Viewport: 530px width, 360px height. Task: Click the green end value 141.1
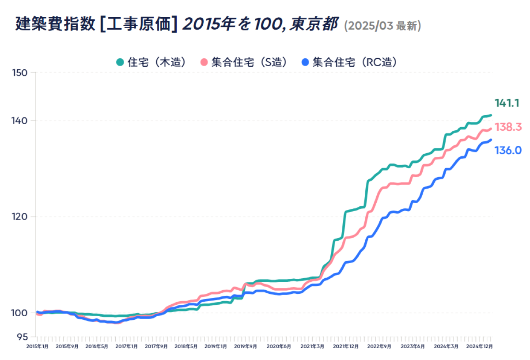click(507, 103)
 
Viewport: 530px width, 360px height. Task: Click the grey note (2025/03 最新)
click(382, 26)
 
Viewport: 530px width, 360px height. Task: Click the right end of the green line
click(491, 115)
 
